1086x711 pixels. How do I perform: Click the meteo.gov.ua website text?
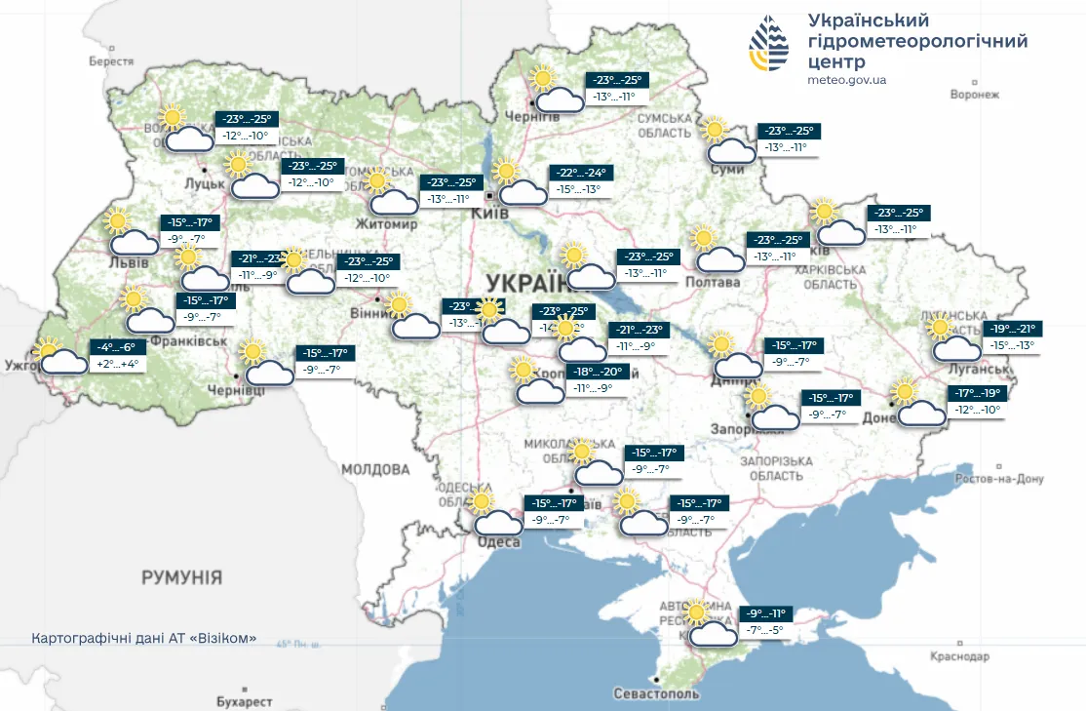click(x=847, y=80)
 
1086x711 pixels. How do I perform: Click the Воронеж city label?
click(x=975, y=95)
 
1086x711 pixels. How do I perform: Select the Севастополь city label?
click(x=656, y=693)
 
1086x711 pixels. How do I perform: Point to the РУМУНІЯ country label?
click(x=181, y=577)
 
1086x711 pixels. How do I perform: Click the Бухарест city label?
click(x=244, y=701)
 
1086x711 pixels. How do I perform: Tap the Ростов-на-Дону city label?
click(x=1000, y=479)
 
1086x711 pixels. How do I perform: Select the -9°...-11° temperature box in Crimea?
click(x=763, y=614)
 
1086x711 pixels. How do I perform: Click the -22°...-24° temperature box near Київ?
click(x=576, y=173)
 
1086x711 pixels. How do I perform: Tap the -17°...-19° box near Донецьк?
click(x=976, y=393)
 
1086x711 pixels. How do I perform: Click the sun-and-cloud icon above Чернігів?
click(x=552, y=90)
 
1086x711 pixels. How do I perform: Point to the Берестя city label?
click(x=110, y=60)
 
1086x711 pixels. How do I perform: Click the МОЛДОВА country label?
click(x=375, y=469)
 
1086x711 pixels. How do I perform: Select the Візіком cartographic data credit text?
click(x=144, y=639)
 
